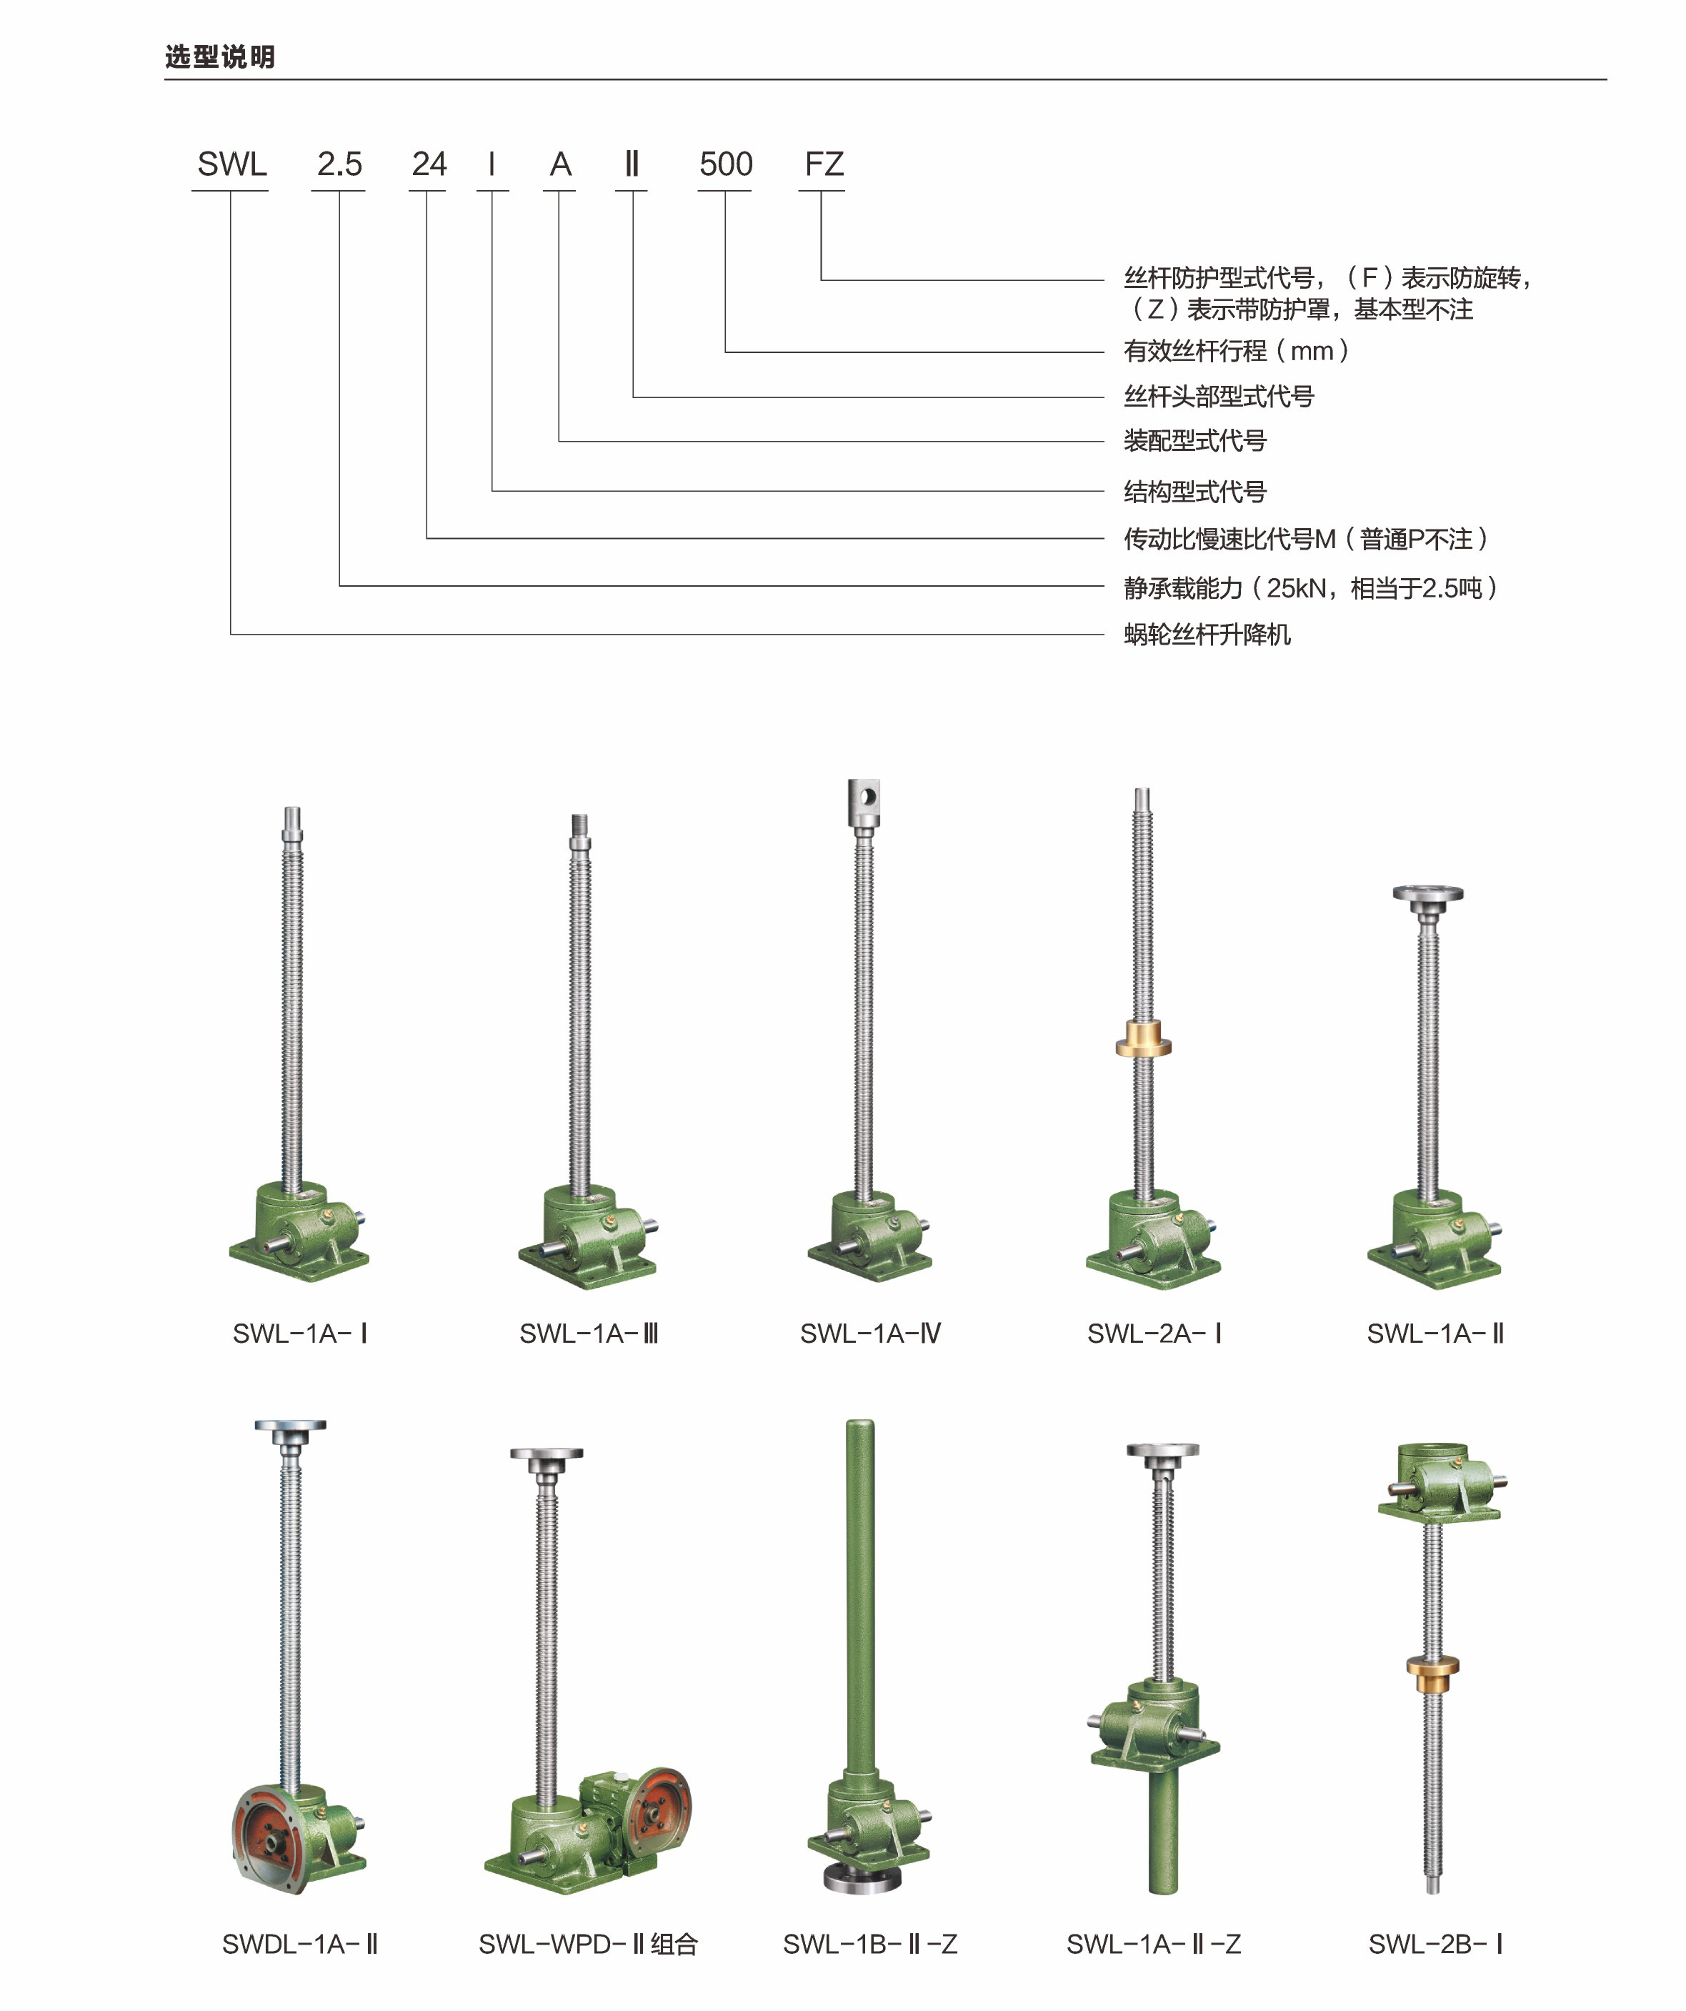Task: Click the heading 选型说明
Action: point(220,57)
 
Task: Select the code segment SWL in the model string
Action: point(231,164)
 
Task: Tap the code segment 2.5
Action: point(339,164)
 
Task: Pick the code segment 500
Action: point(726,164)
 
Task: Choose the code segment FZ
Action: point(824,164)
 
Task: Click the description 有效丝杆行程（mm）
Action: point(1237,352)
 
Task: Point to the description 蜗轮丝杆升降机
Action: point(1207,634)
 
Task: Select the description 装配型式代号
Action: point(1195,440)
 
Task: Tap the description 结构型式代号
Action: point(1195,491)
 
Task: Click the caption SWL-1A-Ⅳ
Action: point(870,1333)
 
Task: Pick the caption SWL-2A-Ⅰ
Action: point(1154,1333)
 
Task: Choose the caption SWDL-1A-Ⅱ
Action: point(299,1944)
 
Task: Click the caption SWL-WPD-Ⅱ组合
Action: point(588,1944)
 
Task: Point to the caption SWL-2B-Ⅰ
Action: point(1435,1944)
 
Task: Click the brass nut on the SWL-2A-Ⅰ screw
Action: point(1143,1039)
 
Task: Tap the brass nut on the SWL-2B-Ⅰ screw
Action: point(1432,1667)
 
